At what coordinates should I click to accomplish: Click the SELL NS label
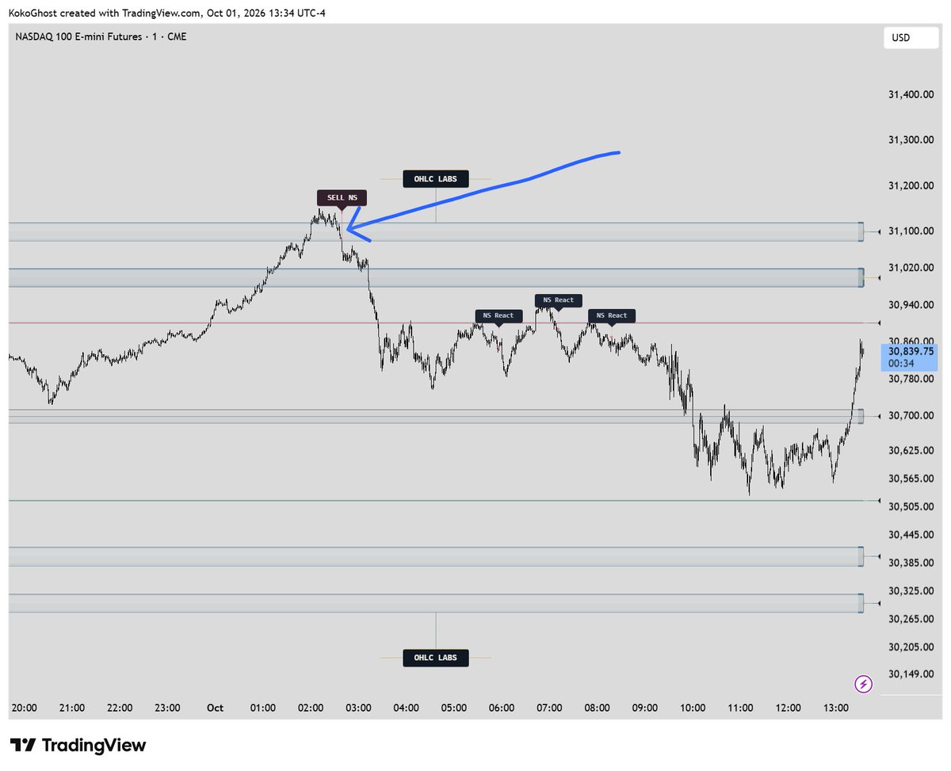[x=342, y=198]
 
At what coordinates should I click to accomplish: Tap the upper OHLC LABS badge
[x=435, y=179]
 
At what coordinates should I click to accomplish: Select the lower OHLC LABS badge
[x=435, y=658]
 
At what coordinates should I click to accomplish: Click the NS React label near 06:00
[x=498, y=315]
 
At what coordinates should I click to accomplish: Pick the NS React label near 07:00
[x=558, y=300]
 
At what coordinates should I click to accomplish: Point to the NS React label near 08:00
[x=611, y=315]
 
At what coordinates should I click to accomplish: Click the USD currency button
[x=911, y=37]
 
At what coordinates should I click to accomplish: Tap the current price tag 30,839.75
[x=909, y=357]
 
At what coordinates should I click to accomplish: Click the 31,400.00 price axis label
[x=911, y=94]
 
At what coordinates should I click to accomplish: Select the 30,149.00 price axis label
[x=911, y=674]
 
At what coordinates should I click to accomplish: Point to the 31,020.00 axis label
[x=911, y=267]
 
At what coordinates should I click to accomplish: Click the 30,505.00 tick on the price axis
[x=911, y=506]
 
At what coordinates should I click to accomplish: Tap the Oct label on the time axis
[x=215, y=708]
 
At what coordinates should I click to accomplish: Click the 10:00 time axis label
[x=693, y=708]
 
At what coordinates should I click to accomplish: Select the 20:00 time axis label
[x=24, y=708]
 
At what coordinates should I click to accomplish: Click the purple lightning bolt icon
[x=863, y=684]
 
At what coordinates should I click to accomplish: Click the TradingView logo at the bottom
[x=78, y=745]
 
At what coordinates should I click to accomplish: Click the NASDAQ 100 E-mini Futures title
[x=78, y=36]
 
